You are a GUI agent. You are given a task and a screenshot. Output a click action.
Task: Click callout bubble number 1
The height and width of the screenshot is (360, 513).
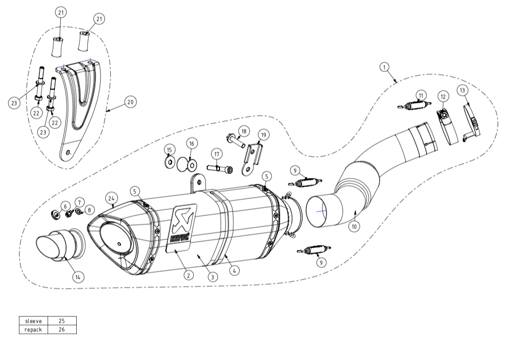384,67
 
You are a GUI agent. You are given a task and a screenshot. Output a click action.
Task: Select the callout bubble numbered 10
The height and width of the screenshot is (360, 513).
354,226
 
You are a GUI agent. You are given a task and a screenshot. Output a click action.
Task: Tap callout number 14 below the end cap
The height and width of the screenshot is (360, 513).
78,277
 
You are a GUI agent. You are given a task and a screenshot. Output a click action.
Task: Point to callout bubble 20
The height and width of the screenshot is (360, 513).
130,102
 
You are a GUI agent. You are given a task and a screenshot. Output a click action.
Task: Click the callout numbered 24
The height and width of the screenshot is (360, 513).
111,199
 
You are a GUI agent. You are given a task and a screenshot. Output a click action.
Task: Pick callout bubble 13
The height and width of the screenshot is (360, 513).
462,90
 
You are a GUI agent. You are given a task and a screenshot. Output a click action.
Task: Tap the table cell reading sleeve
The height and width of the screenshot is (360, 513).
33,321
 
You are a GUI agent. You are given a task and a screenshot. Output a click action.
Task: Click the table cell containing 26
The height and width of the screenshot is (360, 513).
62,330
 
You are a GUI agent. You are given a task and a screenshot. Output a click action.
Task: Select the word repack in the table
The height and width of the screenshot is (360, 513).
33,330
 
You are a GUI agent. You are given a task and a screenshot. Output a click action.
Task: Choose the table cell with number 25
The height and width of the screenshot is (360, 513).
62,321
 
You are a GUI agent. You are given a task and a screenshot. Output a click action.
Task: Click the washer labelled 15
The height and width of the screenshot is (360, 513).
169,161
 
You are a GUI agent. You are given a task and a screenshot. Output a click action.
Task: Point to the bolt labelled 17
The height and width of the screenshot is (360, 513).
219,169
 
